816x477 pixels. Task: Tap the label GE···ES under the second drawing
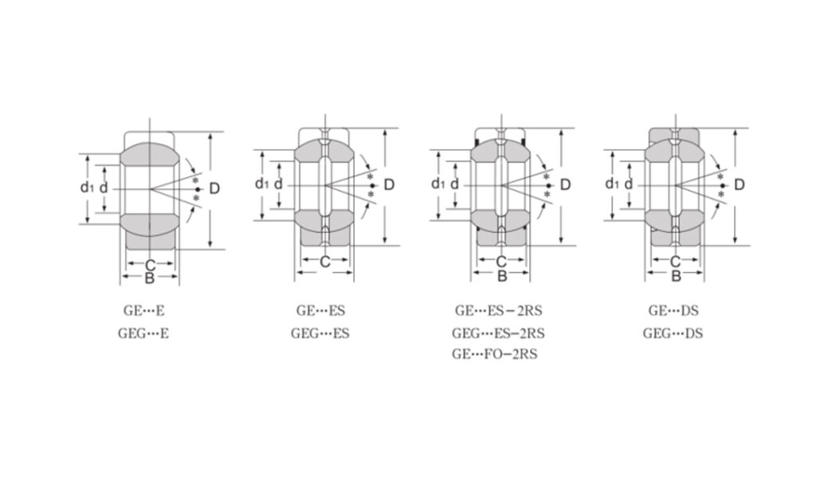[321, 311]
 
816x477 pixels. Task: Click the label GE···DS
[673, 311]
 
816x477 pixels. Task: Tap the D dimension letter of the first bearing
[215, 188]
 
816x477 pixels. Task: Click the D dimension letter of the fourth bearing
[739, 185]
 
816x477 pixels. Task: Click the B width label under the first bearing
[149, 278]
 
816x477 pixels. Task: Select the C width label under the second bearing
[324, 262]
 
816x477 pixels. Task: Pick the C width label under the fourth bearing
[675, 262]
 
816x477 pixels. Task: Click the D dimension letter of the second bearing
[389, 185]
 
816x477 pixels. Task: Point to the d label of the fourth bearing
[630, 184]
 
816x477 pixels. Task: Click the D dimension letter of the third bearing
[565, 185]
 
